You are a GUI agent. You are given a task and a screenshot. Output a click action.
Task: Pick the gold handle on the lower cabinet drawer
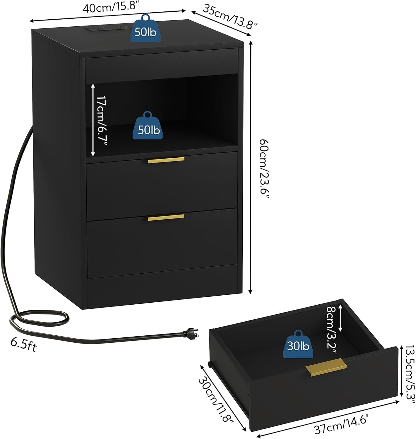point(166,217)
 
